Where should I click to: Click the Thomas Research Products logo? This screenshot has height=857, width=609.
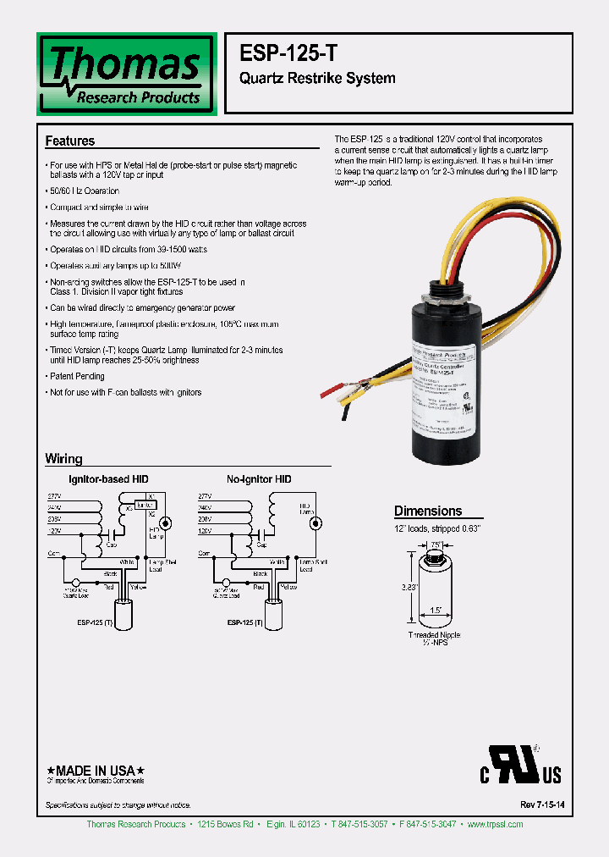127,74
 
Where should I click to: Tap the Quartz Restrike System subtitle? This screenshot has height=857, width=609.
318,79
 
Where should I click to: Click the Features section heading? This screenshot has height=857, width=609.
70,141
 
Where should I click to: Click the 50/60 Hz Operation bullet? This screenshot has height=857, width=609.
84,191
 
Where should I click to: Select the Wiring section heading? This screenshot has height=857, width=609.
63,459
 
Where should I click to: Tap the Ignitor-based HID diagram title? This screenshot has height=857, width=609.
109,479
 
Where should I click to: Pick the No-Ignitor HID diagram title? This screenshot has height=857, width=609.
259,479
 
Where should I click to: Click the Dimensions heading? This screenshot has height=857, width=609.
428,511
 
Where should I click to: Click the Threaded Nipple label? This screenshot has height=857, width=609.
434,634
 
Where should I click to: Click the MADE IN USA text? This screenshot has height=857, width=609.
94,770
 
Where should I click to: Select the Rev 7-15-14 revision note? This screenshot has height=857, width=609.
538,804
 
